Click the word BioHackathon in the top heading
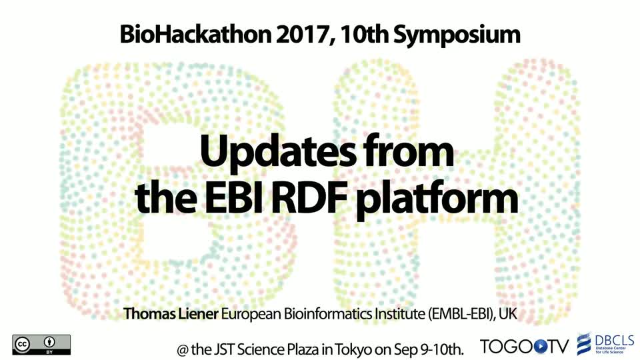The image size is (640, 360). tap(195, 35)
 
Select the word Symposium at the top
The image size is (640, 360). tap(457, 36)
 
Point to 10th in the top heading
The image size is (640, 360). tap(364, 35)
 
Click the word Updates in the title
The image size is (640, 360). tap(277, 152)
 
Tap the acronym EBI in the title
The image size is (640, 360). tap(234, 198)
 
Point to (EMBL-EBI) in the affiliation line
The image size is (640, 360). tap(461, 314)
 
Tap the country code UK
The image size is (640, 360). tap(508, 314)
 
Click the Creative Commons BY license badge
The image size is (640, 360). tap(41, 345)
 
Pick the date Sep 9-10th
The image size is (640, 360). tap(429, 350)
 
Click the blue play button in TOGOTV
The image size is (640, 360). tap(541, 347)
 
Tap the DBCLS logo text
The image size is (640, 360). tap(614, 341)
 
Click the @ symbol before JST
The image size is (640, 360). tap(182, 350)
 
